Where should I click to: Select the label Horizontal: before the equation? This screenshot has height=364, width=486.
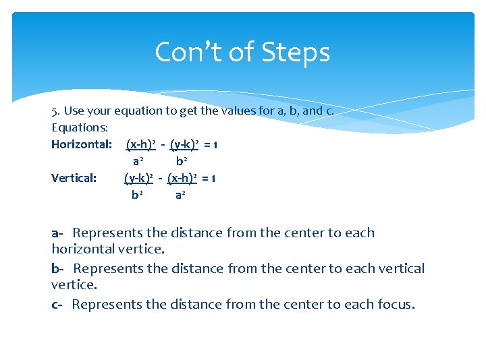point(82,144)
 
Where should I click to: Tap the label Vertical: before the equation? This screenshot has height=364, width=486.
point(74,178)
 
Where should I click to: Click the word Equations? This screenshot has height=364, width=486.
point(80,127)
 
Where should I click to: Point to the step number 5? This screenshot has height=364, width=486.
point(55,111)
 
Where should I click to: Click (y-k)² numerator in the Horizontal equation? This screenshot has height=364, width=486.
point(185,144)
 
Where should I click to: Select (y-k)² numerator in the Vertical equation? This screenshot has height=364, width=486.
point(138,178)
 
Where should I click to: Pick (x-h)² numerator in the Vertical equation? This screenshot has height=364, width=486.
point(182,178)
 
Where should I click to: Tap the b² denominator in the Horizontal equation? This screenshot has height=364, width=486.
point(182,161)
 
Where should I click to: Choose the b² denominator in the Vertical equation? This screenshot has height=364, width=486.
point(137,195)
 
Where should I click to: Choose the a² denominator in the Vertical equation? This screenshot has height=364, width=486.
point(180,195)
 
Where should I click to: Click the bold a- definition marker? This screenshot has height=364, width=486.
point(57,233)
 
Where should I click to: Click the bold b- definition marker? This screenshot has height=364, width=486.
point(57,269)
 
